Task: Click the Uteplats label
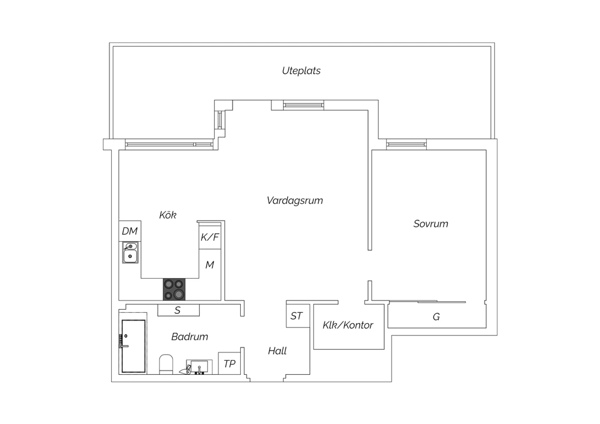point(301,71)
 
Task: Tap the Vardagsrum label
point(295,200)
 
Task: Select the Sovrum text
point(431,224)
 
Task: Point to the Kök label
point(168,214)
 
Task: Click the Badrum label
point(190,336)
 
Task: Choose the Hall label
point(277,351)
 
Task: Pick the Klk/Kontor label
point(348,325)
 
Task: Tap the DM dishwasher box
point(130,231)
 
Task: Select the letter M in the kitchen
point(210,265)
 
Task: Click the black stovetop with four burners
point(174,289)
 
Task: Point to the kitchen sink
point(130,252)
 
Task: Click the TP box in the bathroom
point(229,364)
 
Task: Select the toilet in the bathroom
point(166,364)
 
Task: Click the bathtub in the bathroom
point(133,346)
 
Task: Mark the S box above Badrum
point(178,310)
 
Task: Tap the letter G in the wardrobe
point(436,317)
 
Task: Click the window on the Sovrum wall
point(406,145)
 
